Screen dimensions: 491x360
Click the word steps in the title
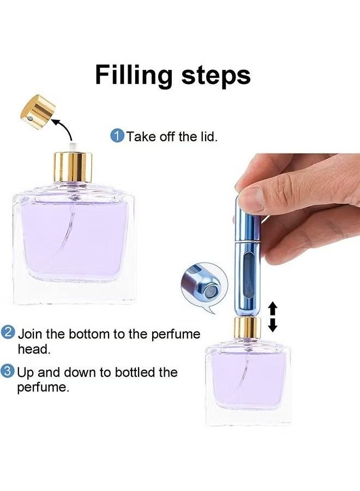pyautogui.click(x=217, y=76)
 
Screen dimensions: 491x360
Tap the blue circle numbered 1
pyautogui.click(x=117, y=136)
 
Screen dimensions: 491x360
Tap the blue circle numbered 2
pyautogui.click(x=8, y=333)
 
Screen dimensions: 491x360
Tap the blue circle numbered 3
pyautogui.click(x=8, y=372)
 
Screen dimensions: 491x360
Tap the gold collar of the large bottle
pyautogui.click(x=73, y=167)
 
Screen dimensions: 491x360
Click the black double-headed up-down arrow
pyautogui.click(x=273, y=318)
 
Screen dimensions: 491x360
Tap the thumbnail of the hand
pyautogui.click(x=253, y=200)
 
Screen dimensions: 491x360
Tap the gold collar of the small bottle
pyautogui.click(x=248, y=328)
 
